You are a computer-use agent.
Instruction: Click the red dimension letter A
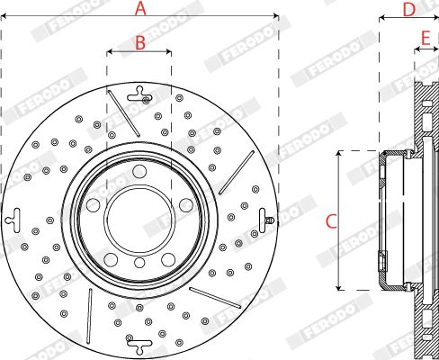click(140, 8)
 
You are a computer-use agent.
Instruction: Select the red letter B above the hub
click(140, 42)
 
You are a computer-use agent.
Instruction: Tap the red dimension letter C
click(331, 221)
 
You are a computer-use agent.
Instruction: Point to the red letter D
click(409, 10)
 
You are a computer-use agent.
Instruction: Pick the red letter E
click(426, 38)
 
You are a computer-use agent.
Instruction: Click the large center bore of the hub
click(139, 220)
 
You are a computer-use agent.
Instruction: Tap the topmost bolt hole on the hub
click(139, 171)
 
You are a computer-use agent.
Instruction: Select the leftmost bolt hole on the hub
click(93, 205)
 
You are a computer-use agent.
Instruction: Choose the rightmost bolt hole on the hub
click(186, 205)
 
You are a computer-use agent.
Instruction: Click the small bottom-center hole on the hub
click(139, 263)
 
